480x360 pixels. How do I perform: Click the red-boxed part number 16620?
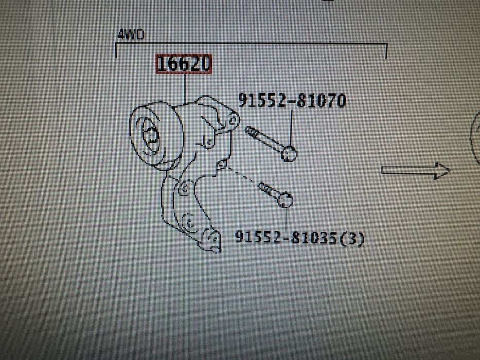(184, 64)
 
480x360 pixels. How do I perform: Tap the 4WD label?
(131, 35)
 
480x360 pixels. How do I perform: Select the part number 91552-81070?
(292, 100)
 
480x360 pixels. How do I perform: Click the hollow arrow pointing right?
(415, 171)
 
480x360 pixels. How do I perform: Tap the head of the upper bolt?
(289, 153)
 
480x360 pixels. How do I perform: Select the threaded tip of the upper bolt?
(250, 131)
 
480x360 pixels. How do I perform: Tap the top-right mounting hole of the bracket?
(233, 120)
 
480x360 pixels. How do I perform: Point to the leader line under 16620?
(185, 89)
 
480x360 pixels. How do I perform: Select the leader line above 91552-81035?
(286, 219)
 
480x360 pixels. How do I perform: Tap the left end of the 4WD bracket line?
(116, 50)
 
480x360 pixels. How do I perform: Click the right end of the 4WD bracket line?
(386, 51)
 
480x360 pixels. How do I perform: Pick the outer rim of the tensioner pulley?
(132, 135)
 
